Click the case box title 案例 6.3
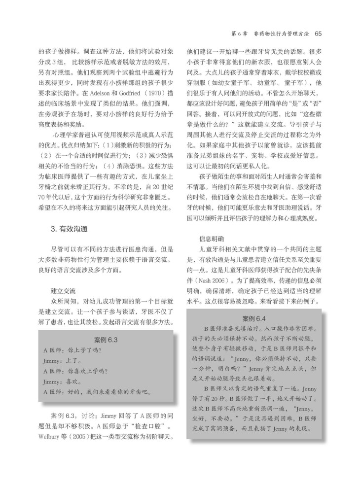(x=106, y=340)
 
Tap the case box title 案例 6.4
(x=255, y=317)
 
